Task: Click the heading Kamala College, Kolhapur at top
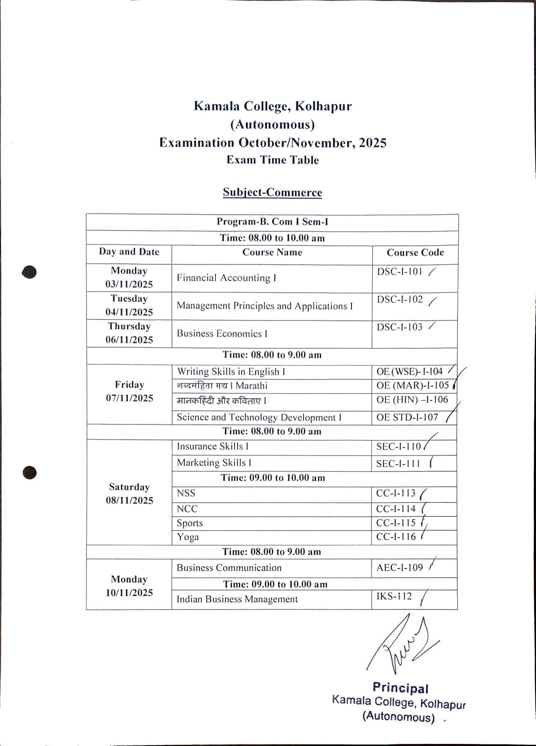(273, 106)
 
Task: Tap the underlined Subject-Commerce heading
(272, 193)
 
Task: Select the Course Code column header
(415, 252)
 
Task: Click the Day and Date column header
(129, 252)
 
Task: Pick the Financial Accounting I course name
(226, 278)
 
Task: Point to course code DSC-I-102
(400, 300)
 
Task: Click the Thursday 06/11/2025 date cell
(129, 333)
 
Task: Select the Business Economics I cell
(222, 333)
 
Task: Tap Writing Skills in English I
(231, 371)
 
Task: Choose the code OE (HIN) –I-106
(412, 400)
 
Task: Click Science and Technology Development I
(259, 417)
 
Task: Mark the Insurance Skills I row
(212, 447)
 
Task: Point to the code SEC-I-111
(398, 463)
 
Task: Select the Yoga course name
(188, 537)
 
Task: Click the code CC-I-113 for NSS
(396, 493)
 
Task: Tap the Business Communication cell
(229, 568)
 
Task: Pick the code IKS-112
(394, 597)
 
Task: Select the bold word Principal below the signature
(400, 688)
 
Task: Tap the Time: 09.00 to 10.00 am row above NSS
(273, 478)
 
